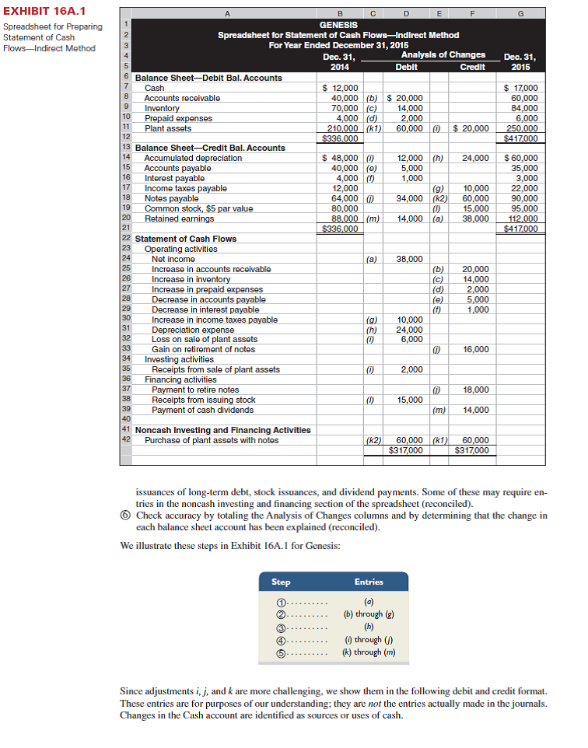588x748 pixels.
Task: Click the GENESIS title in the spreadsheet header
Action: click(x=338, y=25)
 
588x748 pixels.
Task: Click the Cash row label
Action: click(x=154, y=88)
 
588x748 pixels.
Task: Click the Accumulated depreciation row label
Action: click(x=193, y=158)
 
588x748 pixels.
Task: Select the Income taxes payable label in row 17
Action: click(x=186, y=188)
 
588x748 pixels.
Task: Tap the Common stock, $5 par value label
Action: click(x=198, y=208)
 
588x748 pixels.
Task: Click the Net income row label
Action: click(x=173, y=259)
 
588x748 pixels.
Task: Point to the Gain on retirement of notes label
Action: click(x=203, y=350)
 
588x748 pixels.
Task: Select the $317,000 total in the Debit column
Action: click(x=406, y=449)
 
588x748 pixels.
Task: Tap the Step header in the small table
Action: click(x=281, y=582)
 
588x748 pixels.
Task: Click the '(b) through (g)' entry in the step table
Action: click(x=368, y=613)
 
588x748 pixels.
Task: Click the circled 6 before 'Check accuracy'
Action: click(x=127, y=516)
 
